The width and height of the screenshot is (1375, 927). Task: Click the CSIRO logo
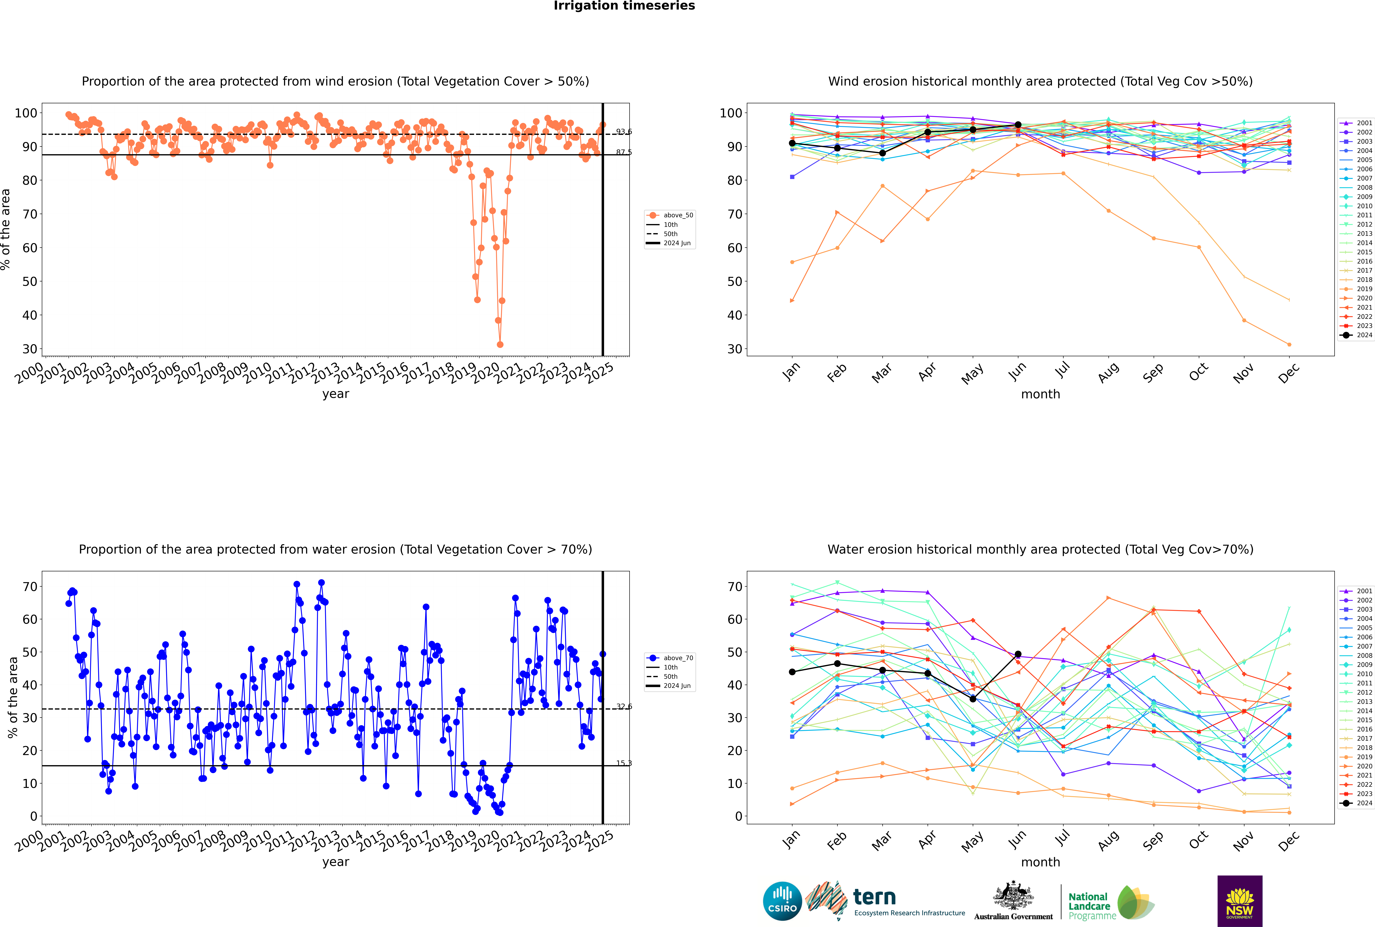[x=782, y=902]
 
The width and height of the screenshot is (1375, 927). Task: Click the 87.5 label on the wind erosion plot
[x=624, y=153]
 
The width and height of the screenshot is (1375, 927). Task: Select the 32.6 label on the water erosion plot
[x=624, y=706]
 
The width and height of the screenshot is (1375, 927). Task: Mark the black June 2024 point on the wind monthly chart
[x=1018, y=125]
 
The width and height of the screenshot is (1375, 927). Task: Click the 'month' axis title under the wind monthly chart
[x=1040, y=394]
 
